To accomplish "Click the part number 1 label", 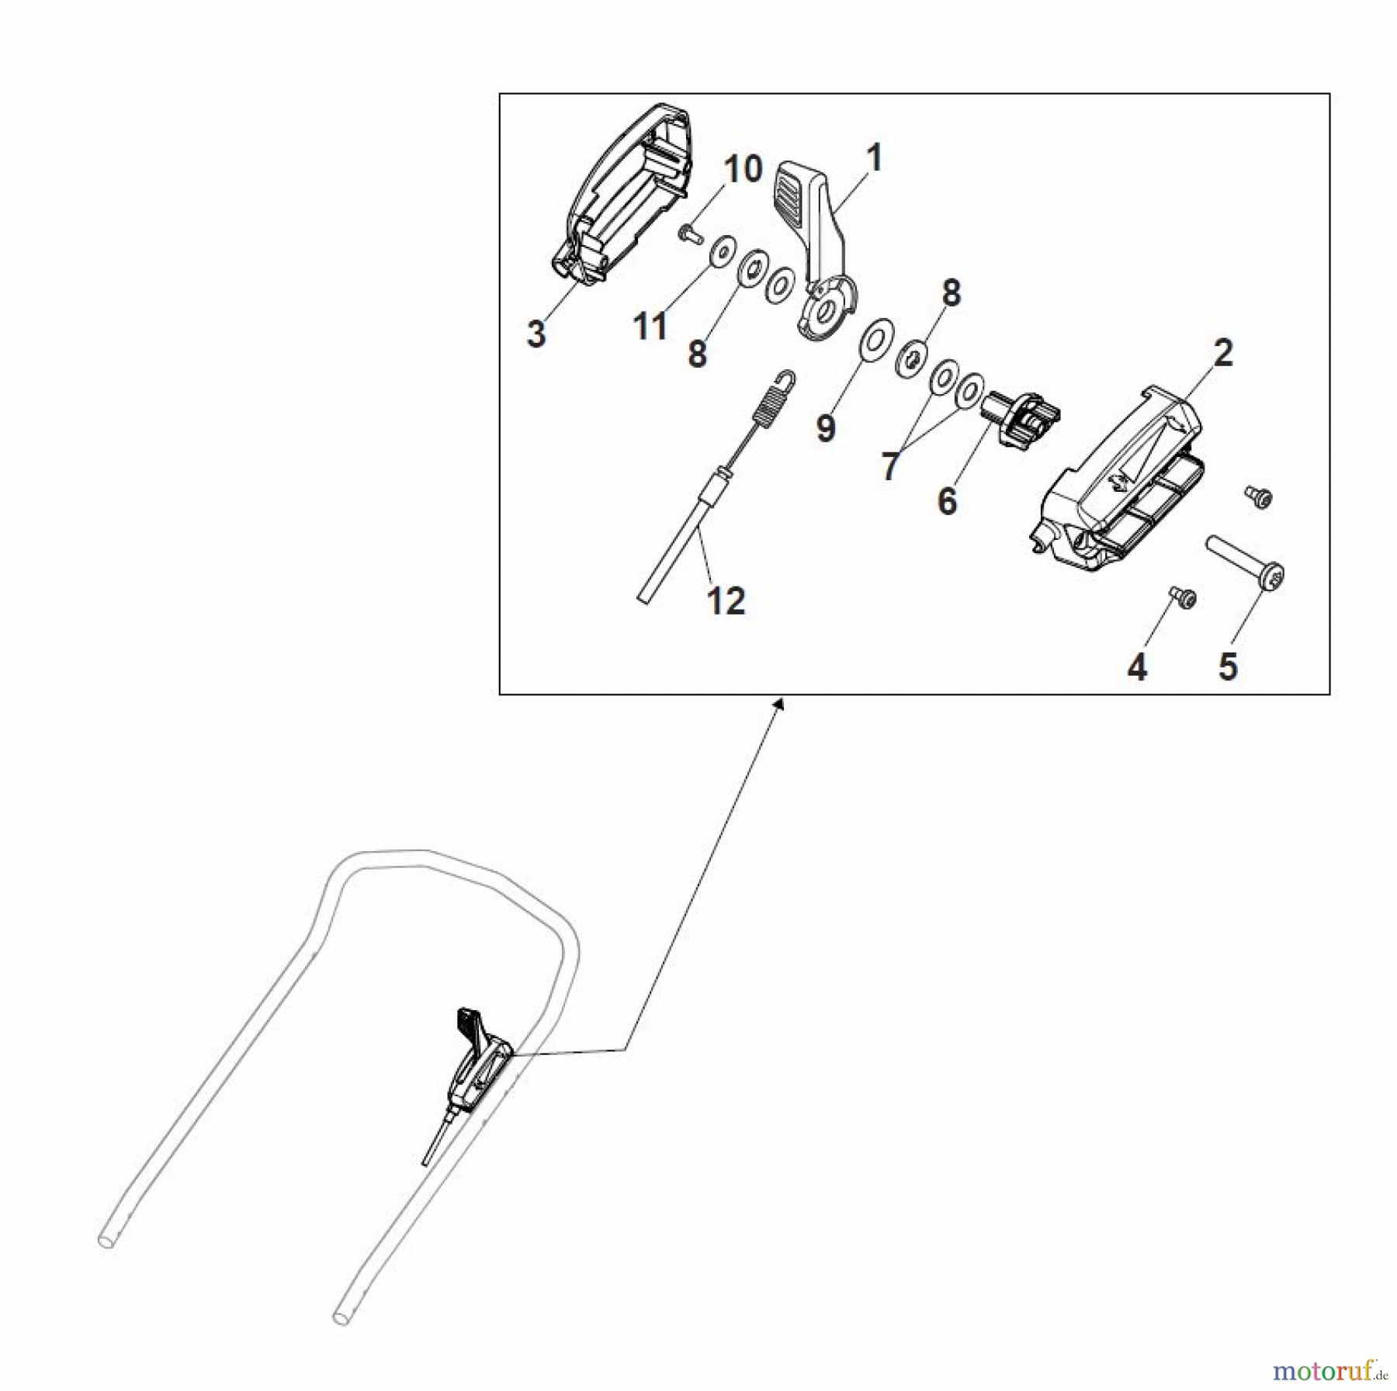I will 874,159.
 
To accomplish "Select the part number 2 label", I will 1222,354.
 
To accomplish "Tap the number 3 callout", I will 536,334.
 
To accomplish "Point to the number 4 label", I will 1137,667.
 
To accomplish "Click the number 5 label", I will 1228,666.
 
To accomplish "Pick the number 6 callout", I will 947,501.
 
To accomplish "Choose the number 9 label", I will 826,428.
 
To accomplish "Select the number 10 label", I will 744,169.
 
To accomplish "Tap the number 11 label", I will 650,326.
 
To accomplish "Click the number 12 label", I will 726,601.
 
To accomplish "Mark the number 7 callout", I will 889,466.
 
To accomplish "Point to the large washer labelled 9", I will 876,340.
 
